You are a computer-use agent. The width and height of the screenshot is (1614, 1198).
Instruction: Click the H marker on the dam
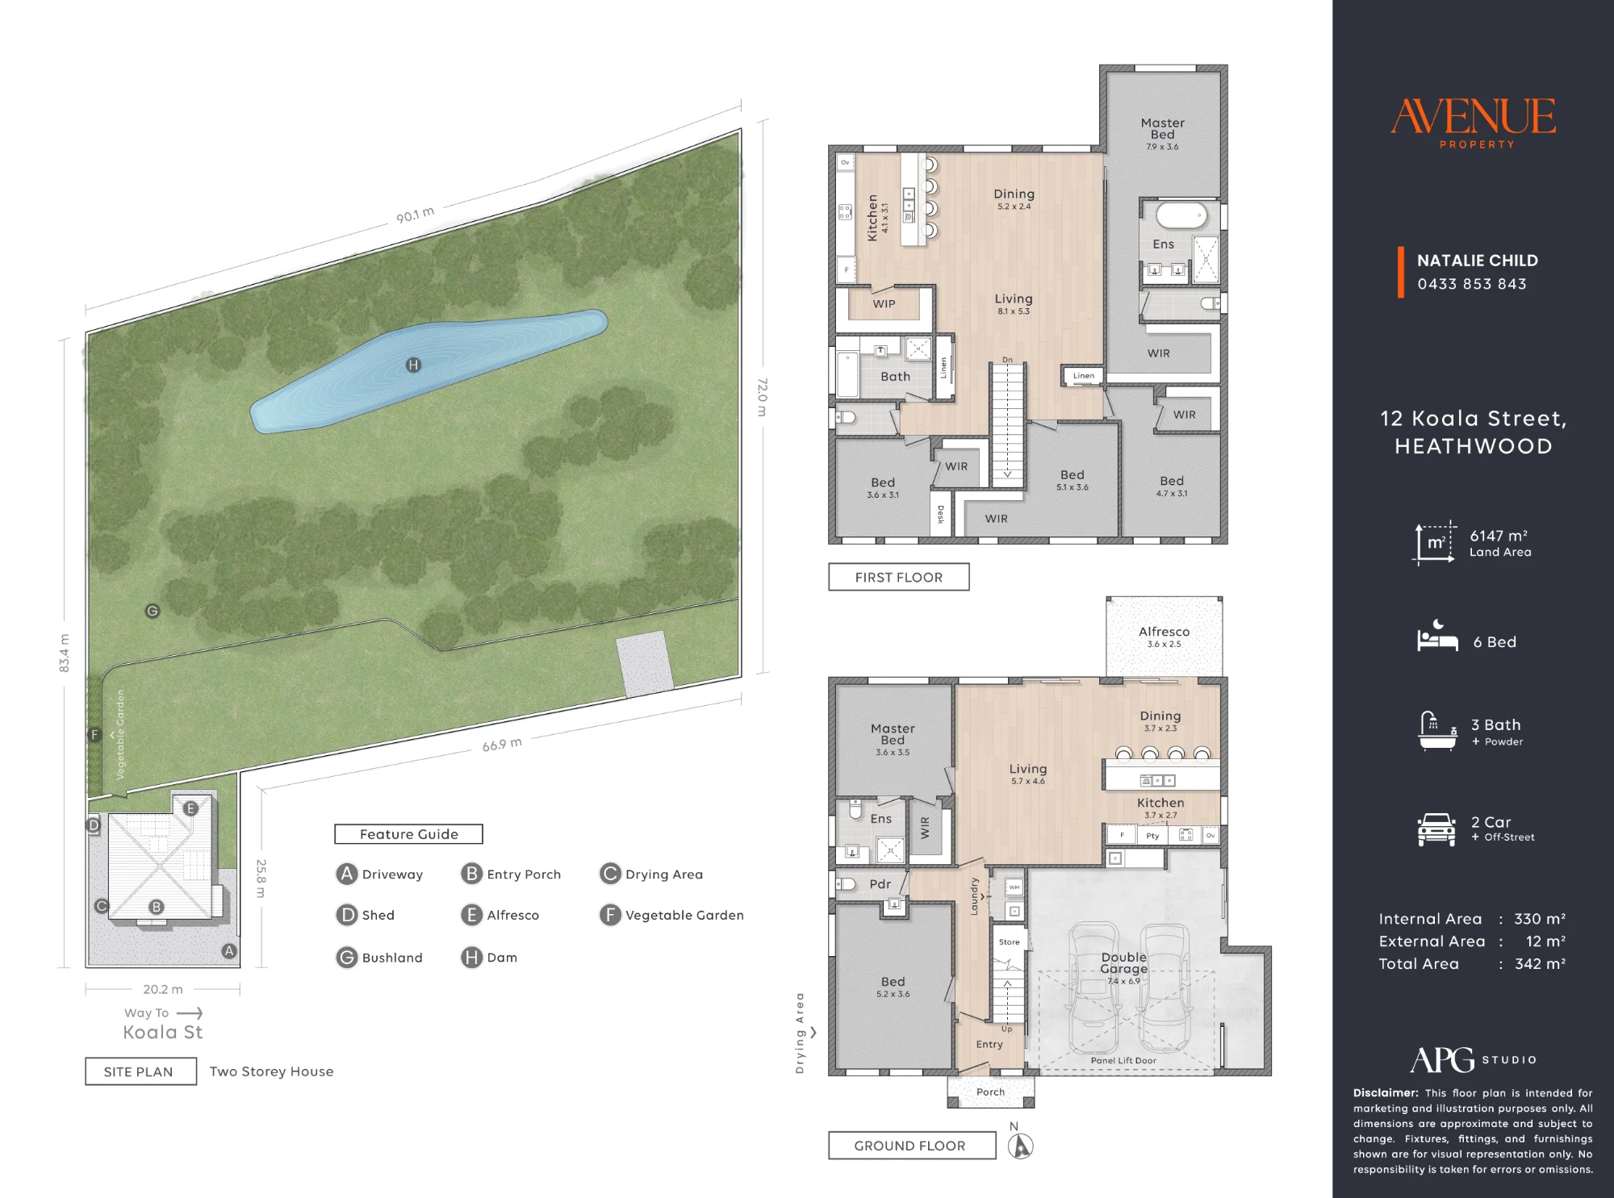pos(413,365)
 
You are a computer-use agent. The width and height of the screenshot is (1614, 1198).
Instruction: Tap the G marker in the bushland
pos(153,611)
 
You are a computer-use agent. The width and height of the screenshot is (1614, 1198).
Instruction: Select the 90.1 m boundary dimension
pos(416,215)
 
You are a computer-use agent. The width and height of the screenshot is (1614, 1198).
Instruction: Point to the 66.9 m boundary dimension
pos(502,744)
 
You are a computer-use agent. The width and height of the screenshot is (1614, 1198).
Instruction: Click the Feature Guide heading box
pos(408,834)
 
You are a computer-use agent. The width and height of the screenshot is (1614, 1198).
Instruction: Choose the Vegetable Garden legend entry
pos(671,915)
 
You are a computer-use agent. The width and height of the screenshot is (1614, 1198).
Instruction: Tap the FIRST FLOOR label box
pos(899,577)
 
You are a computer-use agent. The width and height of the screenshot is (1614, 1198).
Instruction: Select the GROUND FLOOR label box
pos(912,1146)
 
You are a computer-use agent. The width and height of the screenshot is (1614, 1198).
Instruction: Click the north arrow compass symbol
pos(1021,1146)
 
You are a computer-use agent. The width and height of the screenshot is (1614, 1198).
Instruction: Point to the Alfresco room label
pos(1164,632)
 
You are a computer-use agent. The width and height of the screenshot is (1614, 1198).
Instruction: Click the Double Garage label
pos(1123,962)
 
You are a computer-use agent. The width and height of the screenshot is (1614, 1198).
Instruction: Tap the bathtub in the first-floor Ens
pos(1181,216)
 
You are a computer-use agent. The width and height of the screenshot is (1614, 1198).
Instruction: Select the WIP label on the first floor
pos(884,304)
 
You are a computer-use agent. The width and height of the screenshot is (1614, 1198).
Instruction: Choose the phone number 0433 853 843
pos(1472,284)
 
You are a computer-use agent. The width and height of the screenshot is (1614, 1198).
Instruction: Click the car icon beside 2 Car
pos(1436,829)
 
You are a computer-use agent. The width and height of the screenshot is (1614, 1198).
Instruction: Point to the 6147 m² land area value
pos(1499,536)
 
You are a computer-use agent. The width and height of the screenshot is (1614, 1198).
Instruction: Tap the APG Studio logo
pos(1474,1059)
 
